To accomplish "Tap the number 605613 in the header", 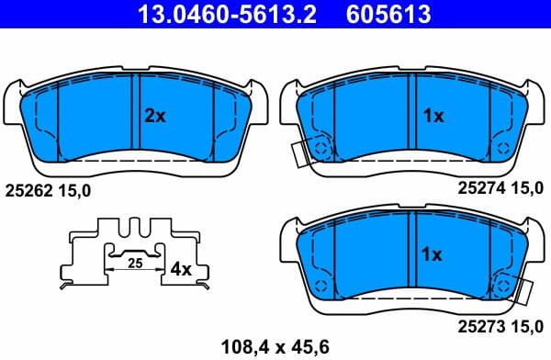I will [388, 15].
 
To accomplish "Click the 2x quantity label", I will [154, 116].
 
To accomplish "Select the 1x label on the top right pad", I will [432, 116].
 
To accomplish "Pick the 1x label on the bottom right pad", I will [432, 253].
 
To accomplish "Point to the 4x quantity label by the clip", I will [181, 270].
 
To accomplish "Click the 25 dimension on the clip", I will [134, 264].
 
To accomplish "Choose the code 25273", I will [479, 326].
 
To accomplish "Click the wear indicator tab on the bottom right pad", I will [525, 292].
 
